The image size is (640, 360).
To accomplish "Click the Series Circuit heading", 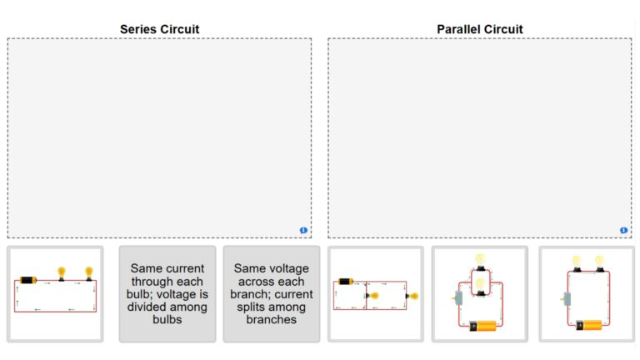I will pyautogui.click(x=159, y=29).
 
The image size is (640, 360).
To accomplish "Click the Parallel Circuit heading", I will pyautogui.click(x=479, y=29).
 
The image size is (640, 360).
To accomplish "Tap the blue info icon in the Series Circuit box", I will pyautogui.click(x=303, y=230).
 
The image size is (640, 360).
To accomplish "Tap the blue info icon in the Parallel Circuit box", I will pyautogui.click(x=623, y=230).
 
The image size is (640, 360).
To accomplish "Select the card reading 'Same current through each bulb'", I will pyautogui.click(x=167, y=294).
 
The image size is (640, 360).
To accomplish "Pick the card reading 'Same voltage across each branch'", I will pyautogui.click(x=271, y=294).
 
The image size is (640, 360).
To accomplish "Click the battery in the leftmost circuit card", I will pyautogui.click(x=28, y=280).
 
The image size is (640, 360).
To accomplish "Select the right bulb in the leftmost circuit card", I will pyautogui.click(x=89, y=272).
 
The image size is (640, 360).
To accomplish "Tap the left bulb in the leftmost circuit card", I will pyautogui.click(x=61, y=272).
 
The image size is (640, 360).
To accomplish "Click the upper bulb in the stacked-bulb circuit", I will pyautogui.click(x=480, y=260).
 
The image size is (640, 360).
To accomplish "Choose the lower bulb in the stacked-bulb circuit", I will pyautogui.click(x=480, y=287).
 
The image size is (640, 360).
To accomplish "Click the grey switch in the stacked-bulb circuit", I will pyautogui.click(x=458, y=297).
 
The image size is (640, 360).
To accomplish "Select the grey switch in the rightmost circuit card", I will pyautogui.click(x=567, y=297).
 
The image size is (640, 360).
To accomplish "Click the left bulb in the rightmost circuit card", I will pyautogui.click(x=576, y=262).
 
